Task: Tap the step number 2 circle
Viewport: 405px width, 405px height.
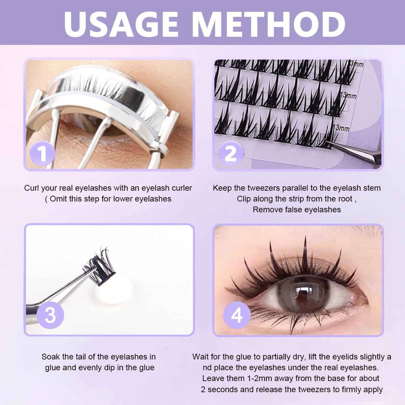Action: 231,154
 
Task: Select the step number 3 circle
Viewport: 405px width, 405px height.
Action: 50,315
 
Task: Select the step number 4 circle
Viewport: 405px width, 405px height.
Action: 237,315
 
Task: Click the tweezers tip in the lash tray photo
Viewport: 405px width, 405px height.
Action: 332,144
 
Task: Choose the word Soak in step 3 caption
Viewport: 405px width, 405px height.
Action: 50,357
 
